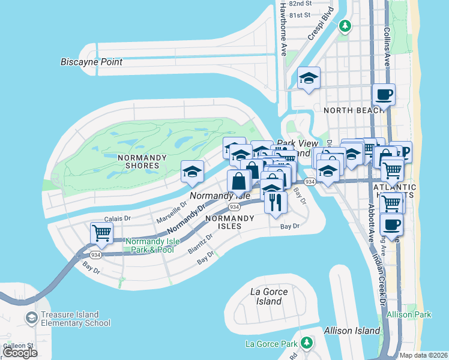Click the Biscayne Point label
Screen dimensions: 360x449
(x=91, y=62)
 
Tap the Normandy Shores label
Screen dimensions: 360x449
(x=138, y=161)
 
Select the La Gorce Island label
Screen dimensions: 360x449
(x=268, y=296)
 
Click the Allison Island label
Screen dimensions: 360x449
(x=352, y=331)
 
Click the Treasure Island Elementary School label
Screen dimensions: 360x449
(x=76, y=319)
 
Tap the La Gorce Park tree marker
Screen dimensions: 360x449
(x=307, y=343)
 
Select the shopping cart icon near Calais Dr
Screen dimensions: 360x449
(x=101, y=233)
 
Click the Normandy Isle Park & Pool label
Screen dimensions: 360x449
(x=150, y=245)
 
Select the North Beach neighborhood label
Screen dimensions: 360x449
(x=353, y=110)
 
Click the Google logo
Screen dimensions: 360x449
(x=20, y=353)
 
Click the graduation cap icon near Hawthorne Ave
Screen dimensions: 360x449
(x=309, y=78)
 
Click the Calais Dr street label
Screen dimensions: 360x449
(x=118, y=219)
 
